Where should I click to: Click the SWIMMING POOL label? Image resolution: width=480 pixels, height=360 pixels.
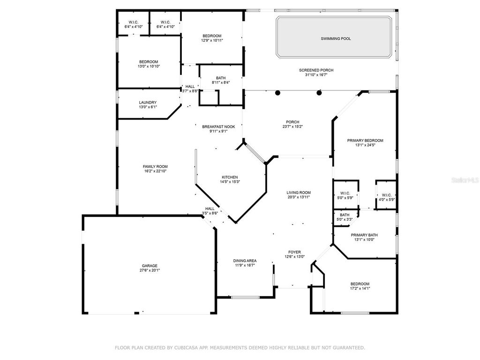click(x=336, y=38)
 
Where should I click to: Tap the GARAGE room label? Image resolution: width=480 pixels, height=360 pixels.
click(x=150, y=265)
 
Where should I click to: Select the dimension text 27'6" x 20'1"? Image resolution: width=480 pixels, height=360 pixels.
click(x=150, y=270)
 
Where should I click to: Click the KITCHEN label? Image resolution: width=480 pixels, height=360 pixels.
click(x=230, y=177)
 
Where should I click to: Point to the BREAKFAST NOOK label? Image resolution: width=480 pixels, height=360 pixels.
click(x=218, y=127)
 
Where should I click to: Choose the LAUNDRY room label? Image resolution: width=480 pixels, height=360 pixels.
click(x=148, y=102)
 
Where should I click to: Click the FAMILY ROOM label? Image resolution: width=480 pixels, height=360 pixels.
click(x=155, y=166)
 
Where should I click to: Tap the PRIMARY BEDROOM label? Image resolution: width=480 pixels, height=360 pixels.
click(x=365, y=140)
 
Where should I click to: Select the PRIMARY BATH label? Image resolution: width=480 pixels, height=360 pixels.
click(x=365, y=235)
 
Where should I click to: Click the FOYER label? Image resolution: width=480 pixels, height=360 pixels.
click(x=294, y=252)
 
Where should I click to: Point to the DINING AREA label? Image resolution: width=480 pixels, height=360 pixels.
click(x=245, y=261)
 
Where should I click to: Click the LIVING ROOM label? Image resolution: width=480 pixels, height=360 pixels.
click(x=299, y=192)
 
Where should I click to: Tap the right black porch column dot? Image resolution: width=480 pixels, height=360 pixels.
click(x=319, y=92)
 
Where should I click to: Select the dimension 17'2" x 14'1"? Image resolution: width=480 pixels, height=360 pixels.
click(x=360, y=289)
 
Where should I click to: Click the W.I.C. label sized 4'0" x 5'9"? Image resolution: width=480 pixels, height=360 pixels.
click(x=387, y=195)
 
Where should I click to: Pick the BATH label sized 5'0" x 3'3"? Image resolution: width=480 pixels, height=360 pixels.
click(x=345, y=215)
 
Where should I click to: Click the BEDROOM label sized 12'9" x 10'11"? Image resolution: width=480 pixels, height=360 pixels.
click(x=212, y=36)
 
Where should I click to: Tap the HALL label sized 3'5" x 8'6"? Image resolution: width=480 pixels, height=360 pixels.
click(x=210, y=209)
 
